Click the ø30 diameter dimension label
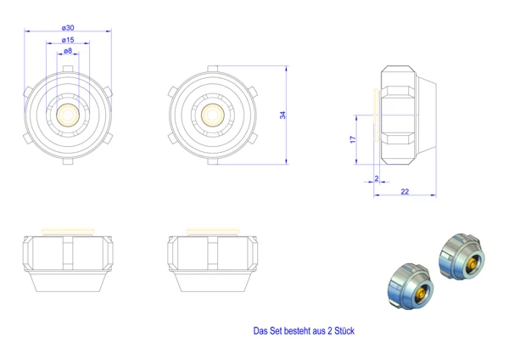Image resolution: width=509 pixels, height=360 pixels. point(68,28)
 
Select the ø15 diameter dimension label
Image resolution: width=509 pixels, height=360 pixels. point(68,40)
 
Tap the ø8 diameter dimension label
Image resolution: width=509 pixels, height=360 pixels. point(68,51)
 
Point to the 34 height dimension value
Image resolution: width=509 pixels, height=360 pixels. point(283,115)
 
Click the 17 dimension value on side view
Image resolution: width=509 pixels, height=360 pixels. point(353,140)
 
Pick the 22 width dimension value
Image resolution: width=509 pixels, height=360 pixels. point(405,192)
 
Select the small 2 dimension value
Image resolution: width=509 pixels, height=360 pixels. point(377,178)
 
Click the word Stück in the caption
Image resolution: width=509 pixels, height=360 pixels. point(344,331)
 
